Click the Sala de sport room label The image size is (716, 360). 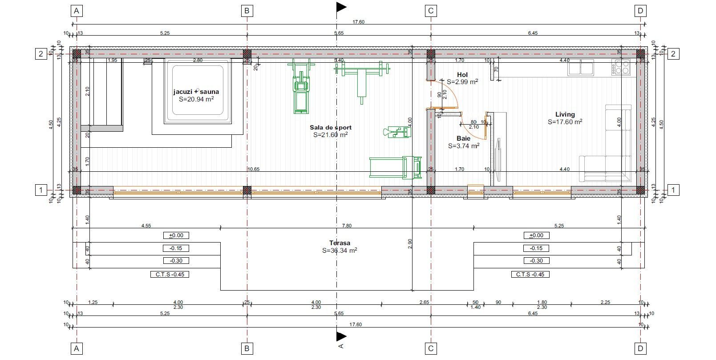tap(330, 127)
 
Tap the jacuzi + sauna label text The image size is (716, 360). tap(196, 92)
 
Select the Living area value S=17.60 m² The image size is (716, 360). tap(565, 121)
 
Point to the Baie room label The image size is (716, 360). tap(463, 138)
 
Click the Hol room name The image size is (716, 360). tap(462, 74)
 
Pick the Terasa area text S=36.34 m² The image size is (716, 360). tap(340, 251)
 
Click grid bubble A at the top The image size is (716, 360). tap(77, 11)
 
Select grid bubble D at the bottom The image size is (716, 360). tap(640, 348)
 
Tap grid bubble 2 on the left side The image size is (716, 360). tap(41, 54)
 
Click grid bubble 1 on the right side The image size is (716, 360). tap(673, 190)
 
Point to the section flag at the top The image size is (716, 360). tap(341, 7)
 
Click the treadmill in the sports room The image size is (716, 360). tap(395, 167)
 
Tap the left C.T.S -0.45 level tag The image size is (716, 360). tap(170, 274)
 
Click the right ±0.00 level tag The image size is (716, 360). tap(537, 235)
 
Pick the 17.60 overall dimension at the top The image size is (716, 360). tap(358, 21)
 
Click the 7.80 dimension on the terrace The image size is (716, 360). tap(346, 226)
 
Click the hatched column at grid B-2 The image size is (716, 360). tap(247, 54)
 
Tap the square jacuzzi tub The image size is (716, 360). tap(196, 94)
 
